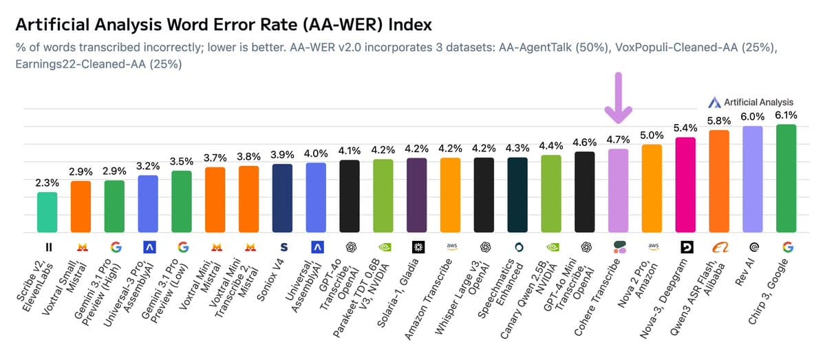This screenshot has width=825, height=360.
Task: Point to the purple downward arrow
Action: click(617, 96)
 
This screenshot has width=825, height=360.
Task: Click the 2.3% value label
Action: click(47, 183)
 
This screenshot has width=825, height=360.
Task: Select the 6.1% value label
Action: click(786, 116)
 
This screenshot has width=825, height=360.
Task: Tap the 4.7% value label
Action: click(618, 140)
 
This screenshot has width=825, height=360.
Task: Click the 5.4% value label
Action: click(685, 128)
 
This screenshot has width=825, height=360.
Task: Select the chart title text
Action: click(224, 25)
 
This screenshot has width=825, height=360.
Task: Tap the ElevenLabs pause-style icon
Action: click(47, 246)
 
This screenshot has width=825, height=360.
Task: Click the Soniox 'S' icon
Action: click(282, 246)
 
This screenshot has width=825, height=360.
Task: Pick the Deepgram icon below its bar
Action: click(685, 246)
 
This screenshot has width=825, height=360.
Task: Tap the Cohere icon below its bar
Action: click(618, 246)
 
